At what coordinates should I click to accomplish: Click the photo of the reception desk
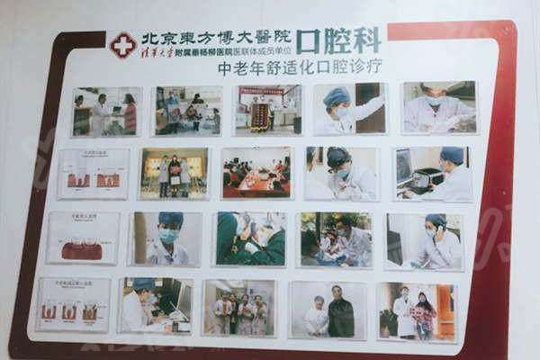coord(107,112)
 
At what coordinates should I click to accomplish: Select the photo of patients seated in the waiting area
coord(186,110)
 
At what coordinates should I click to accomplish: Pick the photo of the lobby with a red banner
coord(268,109)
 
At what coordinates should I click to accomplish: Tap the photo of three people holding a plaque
coord(174,173)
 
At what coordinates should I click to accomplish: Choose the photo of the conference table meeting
coord(256,172)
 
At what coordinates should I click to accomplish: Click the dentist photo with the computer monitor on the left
coord(433,173)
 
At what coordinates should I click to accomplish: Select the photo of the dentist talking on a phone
coord(424,240)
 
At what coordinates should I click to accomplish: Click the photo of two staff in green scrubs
coord(250,238)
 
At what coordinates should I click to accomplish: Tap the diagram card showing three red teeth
coord(93,174)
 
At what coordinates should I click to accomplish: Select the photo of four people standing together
coord(238,307)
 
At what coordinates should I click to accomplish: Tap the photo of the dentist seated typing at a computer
coord(154,305)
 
